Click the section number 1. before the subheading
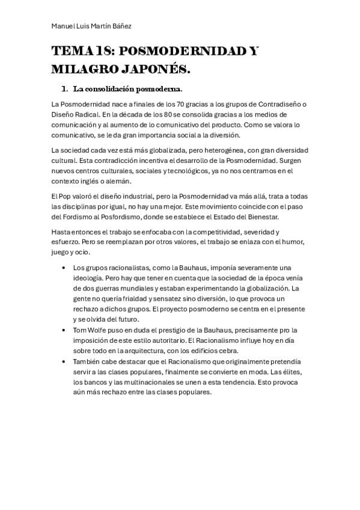click(64, 90)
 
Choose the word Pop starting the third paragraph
click(67, 197)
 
